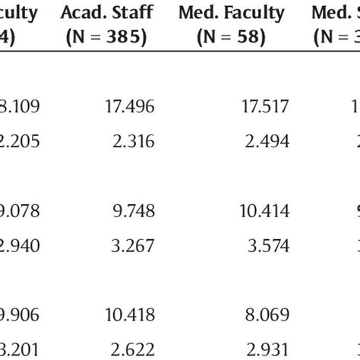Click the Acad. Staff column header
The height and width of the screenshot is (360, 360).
point(109,13)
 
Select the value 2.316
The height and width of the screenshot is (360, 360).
point(135,139)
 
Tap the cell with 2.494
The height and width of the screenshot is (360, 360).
point(270,139)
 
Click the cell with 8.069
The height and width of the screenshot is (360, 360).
point(270,314)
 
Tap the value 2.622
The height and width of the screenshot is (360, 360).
point(135,346)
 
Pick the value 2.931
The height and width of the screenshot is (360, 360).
point(270,346)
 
